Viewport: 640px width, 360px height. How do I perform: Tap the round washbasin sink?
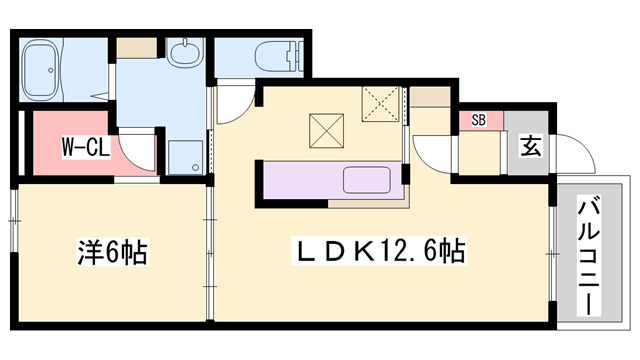pyautogui.click(x=184, y=51)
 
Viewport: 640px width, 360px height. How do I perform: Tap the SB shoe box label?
pyautogui.click(x=478, y=121)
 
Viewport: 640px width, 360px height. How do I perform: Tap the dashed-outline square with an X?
pyautogui.click(x=380, y=102)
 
